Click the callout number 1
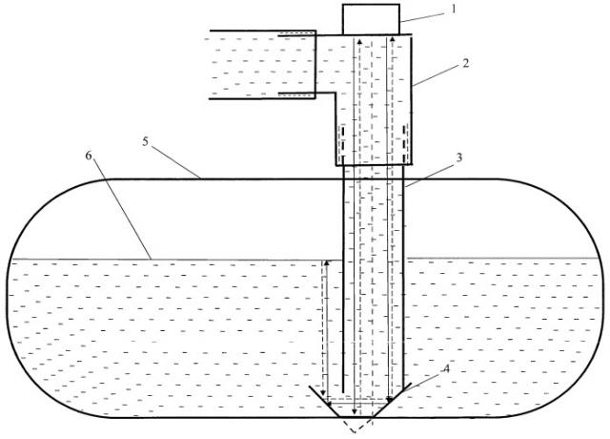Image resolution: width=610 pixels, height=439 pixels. (x=453, y=9)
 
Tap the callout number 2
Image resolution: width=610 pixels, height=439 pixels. (x=466, y=63)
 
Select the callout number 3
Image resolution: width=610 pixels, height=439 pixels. (x=459, y=158)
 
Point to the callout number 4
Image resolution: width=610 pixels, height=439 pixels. (x=447, y=368)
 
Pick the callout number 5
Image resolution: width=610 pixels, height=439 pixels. (x=145, y=142)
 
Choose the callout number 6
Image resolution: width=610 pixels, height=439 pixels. (x=89, y=156)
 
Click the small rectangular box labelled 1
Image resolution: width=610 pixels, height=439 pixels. (x=371, y=19)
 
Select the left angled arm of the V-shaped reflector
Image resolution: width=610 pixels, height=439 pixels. (x=326, y=402)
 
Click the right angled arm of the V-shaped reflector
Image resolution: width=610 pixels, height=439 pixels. (x=391, y=401)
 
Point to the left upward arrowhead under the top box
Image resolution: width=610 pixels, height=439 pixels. (x=359, y=41)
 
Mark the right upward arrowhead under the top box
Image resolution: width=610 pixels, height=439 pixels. (x=392, y=40)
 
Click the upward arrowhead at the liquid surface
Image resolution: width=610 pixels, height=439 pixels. (x=327, y=263)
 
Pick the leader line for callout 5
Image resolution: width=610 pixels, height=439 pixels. (x=176, y=162)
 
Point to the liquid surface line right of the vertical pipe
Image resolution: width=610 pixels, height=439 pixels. (x=502, y=258)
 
